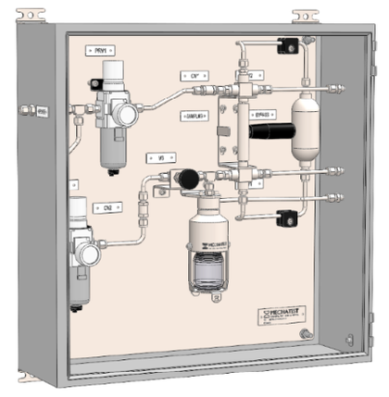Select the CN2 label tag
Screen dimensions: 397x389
pyautogui.click(x=108, y=208)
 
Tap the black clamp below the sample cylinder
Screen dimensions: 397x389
pyautogui.click(x=286, y=218)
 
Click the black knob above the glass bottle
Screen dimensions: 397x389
pyautogui.click(x=188, y=178)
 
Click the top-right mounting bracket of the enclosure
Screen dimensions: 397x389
pyautogui.click(x=305, y=16)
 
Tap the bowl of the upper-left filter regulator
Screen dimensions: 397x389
pyautogui.click(x=113, y=152)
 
